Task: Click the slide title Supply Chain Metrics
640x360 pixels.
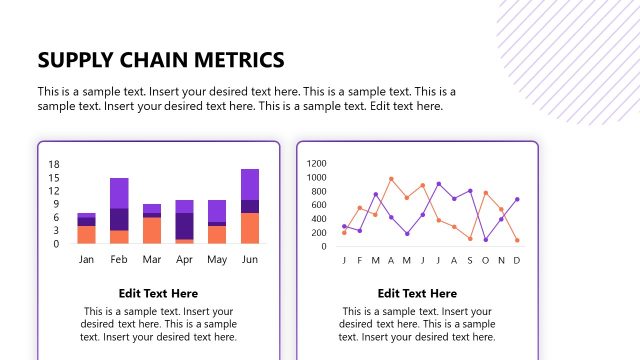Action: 160,59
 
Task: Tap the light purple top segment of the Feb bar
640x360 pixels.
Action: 119,193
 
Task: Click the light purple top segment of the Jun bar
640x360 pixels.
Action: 250,184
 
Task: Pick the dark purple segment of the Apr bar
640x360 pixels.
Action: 184,226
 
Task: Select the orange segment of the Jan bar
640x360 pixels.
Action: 87,235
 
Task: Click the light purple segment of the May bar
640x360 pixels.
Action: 217,210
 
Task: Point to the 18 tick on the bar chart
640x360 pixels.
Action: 55,165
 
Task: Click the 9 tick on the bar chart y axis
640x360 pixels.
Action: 57,204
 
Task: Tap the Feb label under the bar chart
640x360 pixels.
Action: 119,260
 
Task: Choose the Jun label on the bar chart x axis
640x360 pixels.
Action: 250,260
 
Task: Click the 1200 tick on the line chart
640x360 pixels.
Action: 317,163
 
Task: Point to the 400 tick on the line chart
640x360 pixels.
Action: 319,218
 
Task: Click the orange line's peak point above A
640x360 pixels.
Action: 391,179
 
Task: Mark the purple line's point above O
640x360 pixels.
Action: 485,239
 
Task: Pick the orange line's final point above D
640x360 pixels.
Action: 517,240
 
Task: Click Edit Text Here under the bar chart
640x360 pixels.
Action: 158,293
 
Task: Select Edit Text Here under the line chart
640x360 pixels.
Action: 417,293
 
